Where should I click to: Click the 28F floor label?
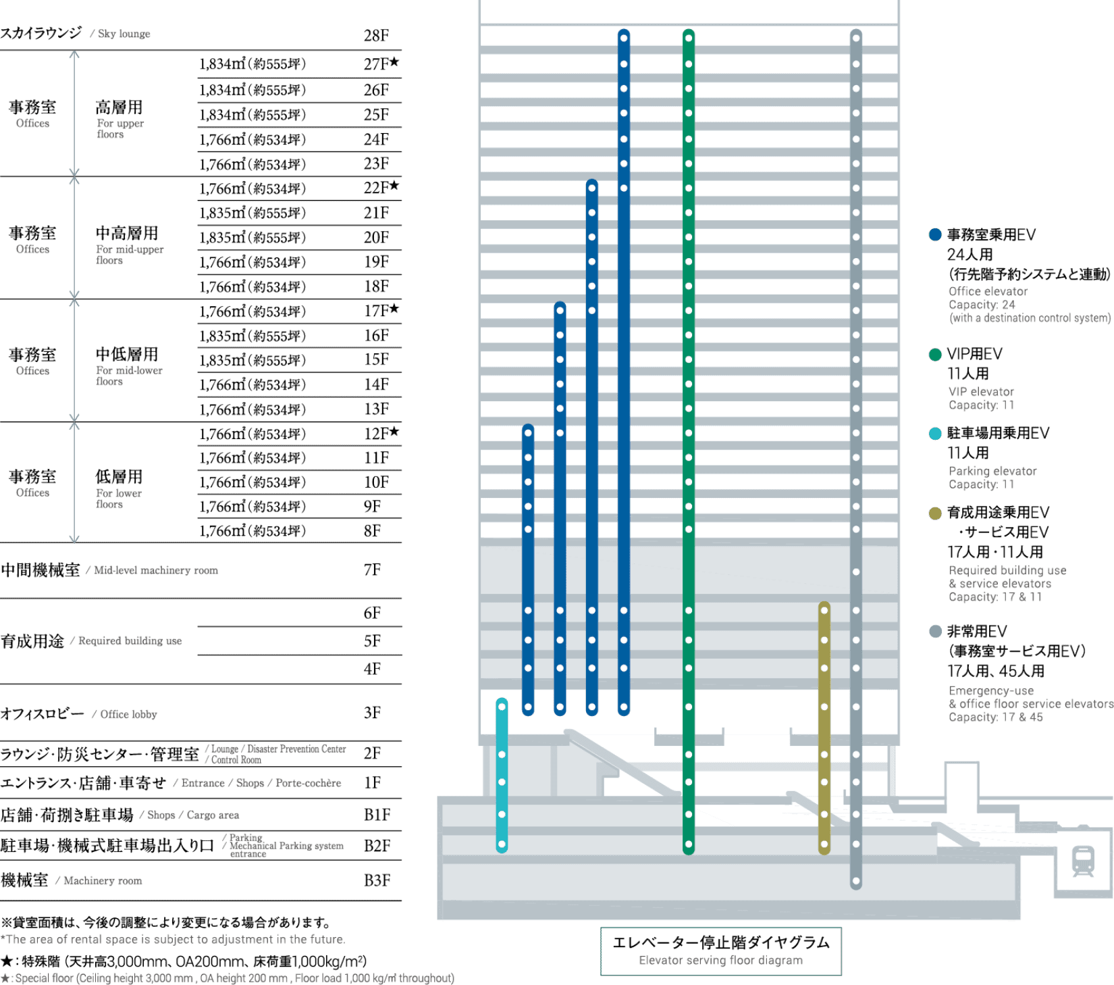coord(376,35)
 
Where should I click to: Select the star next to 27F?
coord(394,62)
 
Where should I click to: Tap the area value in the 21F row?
coord(253,213)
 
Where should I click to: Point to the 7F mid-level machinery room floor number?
coord(372,570)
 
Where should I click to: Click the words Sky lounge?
coord(124,34)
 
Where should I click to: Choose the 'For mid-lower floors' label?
coord(129,376)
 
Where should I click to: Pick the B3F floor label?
coord(377,880)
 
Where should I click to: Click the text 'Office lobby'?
coord(128,714)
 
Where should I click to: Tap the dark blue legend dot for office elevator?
coord(935,234)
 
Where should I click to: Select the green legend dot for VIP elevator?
coord(935,355)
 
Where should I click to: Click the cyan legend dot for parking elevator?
coord(935,434)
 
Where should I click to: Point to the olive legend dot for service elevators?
coord(935,513)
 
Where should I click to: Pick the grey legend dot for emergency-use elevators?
coord(935,632)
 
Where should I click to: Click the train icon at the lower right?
coord(1084,861)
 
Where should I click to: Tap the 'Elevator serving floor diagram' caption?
coord(720,960)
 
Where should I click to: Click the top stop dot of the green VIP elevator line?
coord(689,38)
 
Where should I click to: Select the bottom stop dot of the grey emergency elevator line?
coord(856,882)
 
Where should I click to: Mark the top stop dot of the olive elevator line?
coord(824,611)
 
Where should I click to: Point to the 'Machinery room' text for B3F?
coord(103,881)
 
